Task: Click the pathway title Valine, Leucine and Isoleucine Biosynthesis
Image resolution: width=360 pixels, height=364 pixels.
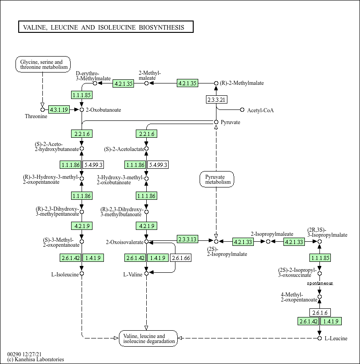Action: click(x=105, y=27)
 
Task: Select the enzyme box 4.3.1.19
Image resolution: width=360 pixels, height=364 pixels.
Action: click(x=59, y=109)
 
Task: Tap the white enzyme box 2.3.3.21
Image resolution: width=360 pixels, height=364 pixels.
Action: click(x=216, y=99)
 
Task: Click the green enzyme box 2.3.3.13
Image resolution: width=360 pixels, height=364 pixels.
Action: click(x=187, y=239)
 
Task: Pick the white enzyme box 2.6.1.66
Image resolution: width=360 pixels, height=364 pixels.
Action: click(x=180, y=258)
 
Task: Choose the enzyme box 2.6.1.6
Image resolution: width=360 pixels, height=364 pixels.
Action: click(x=319, y=312)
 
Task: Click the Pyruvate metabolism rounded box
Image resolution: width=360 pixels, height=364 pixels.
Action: click(x=217, y=179)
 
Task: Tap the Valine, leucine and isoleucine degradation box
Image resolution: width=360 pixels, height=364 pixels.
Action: click(x=148, y=338)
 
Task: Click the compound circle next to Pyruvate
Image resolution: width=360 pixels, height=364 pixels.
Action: click(x=216, y=122)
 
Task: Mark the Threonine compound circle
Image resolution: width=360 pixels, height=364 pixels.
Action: click(x=42, y=109)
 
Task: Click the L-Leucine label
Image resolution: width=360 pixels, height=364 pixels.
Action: click(x=336, y=338)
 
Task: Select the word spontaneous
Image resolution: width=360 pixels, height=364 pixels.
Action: click(x=319, y=283)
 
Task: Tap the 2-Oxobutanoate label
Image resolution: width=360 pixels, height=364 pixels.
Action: click(x=103, y=110)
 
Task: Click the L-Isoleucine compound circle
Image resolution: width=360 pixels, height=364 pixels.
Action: click(x=82, y=274)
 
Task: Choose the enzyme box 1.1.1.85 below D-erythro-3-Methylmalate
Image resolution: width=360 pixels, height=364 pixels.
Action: click(x=82, y=95)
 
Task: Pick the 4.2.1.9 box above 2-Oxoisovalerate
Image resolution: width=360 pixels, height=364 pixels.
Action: click(x=146, y=226)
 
